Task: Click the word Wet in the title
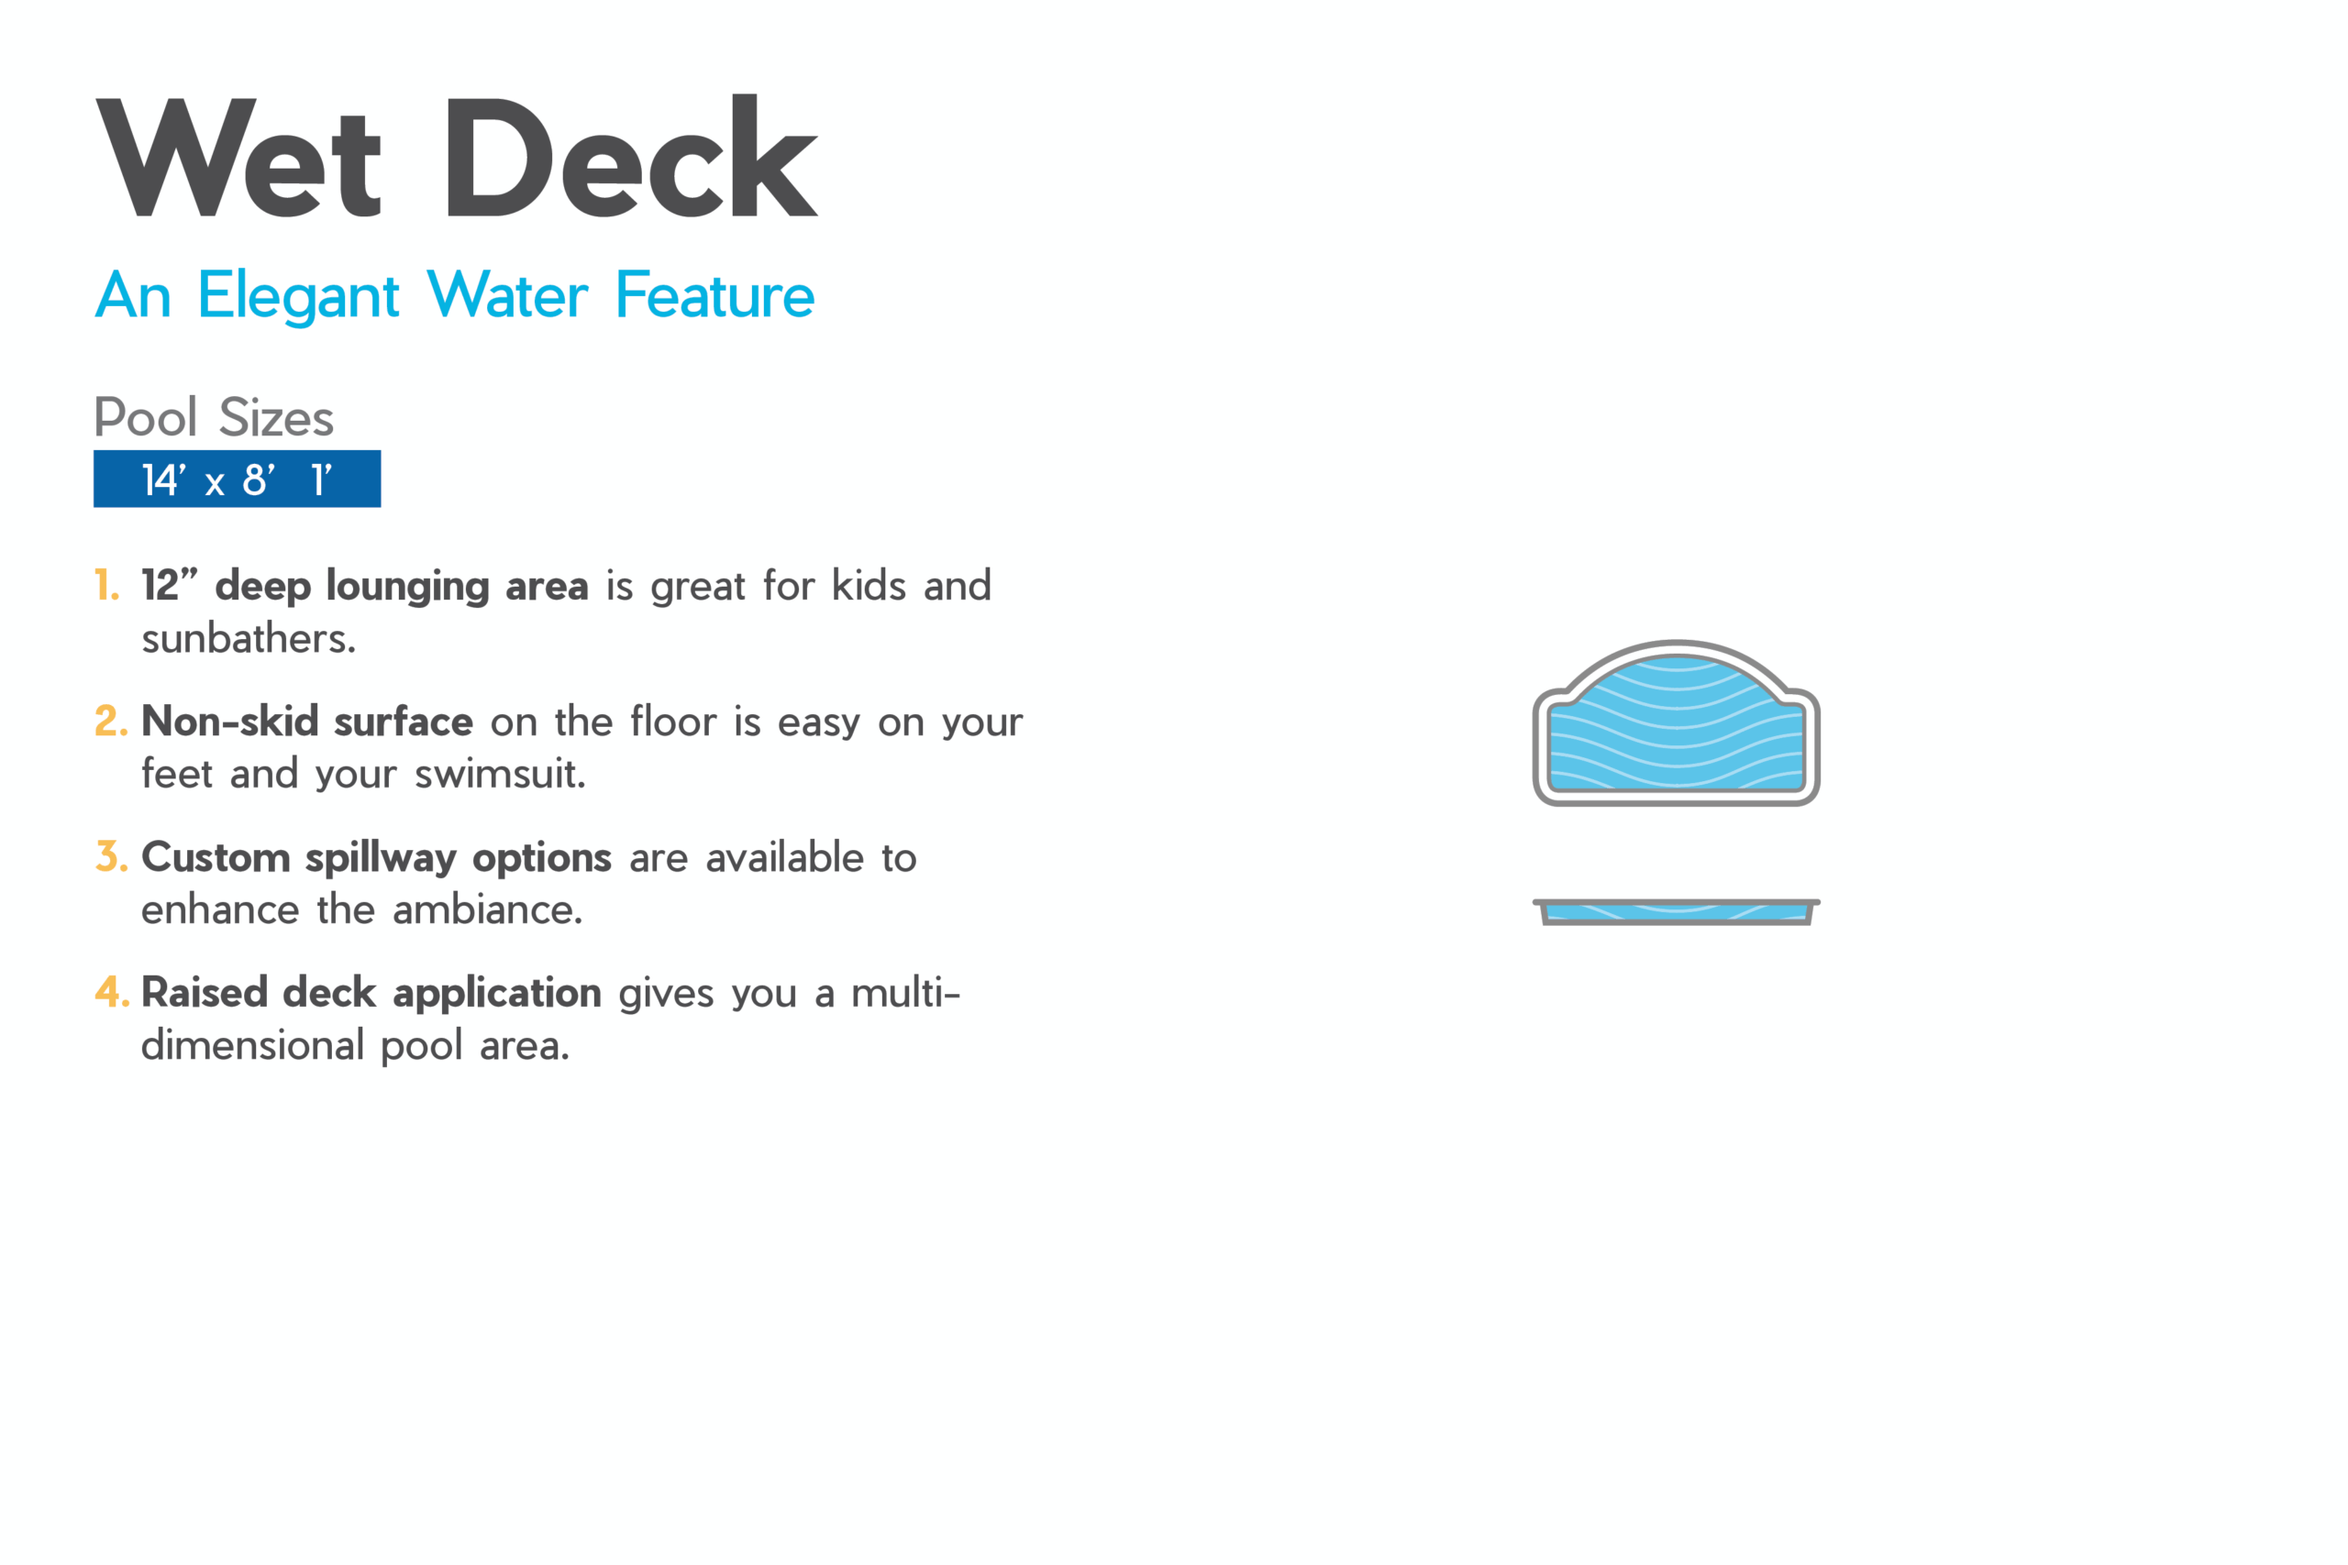pos(238,158)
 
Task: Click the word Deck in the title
pos(632,156)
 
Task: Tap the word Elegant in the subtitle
pos(298,296)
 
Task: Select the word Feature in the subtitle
pos(714,295)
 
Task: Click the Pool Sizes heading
pos(214,417)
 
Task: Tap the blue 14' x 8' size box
pos(238,479)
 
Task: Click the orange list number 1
pos(106,585)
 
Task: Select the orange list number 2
pos(111,721)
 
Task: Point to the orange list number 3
pos(111,856)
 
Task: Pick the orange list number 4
pos(112,992)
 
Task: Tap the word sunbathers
pos(249,639)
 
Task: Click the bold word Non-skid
pos(229,721)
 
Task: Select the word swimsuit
pos(500,775)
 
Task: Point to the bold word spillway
pos(382,858)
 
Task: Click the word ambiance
pos(487,910)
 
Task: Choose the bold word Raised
pos(205,992)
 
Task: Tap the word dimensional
pos(252,1046)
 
